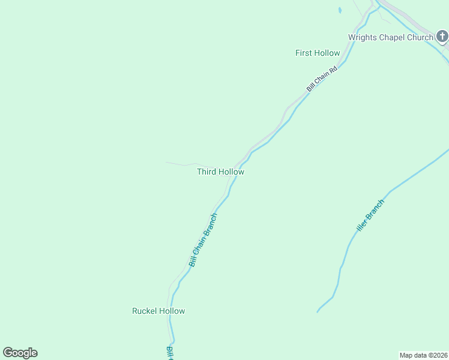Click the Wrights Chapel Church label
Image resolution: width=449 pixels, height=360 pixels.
[391, 37]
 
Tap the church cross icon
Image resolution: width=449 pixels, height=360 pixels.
[442, 38]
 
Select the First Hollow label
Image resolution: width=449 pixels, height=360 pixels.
[318, 53]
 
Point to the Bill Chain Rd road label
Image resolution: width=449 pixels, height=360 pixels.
[322, 78]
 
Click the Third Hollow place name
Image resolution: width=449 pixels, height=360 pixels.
[220, 172]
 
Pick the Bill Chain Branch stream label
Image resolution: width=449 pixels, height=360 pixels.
[202, 240]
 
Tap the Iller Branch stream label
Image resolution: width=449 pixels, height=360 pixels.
[370, 216]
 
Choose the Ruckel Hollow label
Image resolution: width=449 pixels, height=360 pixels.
[158, 311]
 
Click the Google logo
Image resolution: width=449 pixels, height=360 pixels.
[20, 353]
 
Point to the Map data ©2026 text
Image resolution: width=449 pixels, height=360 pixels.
[423, 355]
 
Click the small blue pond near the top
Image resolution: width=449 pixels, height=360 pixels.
[340, 10]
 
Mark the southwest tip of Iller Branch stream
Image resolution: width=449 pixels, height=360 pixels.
[318, 312]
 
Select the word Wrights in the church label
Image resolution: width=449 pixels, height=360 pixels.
[361, 37]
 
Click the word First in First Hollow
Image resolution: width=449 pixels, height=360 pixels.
[303, 53]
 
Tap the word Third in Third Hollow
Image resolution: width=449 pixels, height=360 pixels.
[206, 172]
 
